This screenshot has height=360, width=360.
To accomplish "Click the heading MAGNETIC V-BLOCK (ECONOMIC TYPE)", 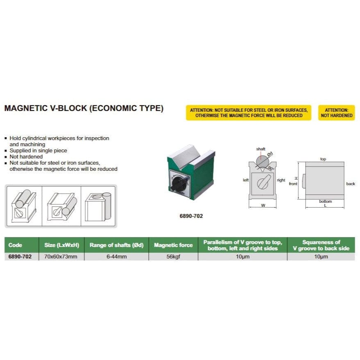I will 84,109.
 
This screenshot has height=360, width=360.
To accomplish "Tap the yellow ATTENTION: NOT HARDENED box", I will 336,113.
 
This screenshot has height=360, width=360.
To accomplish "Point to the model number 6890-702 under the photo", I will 191,216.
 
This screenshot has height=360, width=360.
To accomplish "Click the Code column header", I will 15,245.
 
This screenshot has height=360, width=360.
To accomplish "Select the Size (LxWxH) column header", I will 61,245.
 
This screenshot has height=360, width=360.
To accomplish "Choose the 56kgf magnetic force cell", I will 173,257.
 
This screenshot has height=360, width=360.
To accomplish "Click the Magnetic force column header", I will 173,245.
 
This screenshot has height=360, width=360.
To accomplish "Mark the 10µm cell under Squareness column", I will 321,257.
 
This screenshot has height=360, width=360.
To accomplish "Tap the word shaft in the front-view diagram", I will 260,149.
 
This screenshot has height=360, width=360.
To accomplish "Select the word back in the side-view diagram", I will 351,183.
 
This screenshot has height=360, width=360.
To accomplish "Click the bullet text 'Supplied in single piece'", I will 38,151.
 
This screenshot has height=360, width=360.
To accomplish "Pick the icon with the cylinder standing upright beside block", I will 99,206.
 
